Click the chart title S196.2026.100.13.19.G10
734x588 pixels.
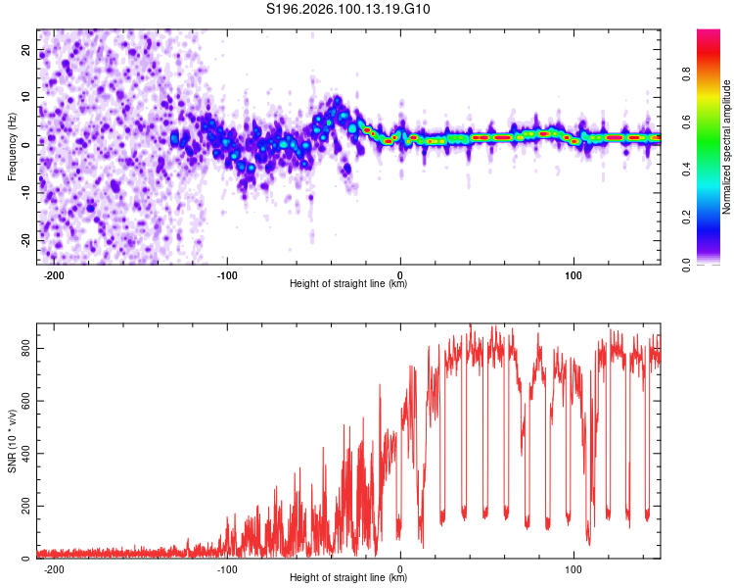click(349, 10)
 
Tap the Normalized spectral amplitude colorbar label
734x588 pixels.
click(727, 147)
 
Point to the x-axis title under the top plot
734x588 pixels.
click(348, 284)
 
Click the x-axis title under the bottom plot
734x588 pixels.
click(348, 578)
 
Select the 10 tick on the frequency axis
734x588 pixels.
click(27, 98)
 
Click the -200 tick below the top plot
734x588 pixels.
click(54, 274)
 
